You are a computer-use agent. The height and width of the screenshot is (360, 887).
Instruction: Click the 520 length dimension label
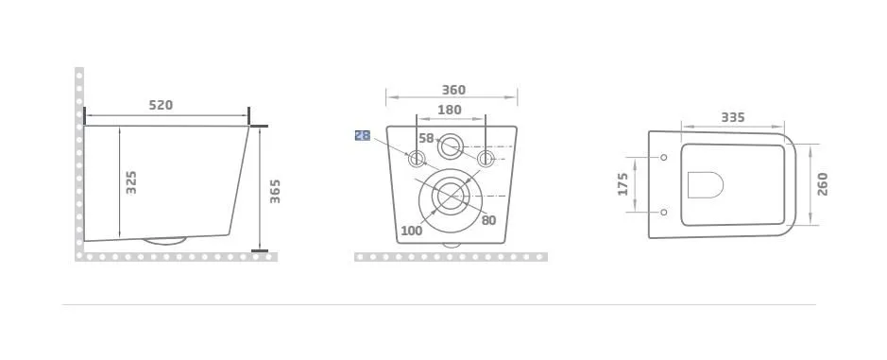(x=161, y=105)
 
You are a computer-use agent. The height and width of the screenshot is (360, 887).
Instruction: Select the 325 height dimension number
(x=131, y=182)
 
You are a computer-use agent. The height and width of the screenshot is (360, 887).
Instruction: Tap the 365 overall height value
(x=274, y=191)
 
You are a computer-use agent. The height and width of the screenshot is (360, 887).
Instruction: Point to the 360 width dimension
(x=453, y=90)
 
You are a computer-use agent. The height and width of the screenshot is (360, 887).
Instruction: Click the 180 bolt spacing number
(x=450, y=110)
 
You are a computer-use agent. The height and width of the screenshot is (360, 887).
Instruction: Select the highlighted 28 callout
(x=363, y=135)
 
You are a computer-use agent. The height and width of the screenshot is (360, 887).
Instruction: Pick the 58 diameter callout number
(x=427, y=138)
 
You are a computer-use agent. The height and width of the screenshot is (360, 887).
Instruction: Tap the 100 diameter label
(x=412, y=231)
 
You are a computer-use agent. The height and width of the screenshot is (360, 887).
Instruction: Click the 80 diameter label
(x=488, y=220)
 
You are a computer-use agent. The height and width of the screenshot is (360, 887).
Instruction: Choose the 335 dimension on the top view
(x=733, y=118)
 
